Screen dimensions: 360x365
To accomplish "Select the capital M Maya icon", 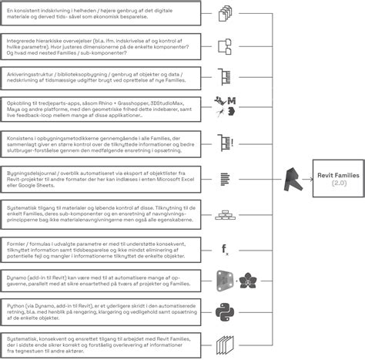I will (232, 103).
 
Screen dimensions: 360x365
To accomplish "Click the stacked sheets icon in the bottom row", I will (226, 342).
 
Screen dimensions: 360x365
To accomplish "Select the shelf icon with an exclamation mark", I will (226, 143).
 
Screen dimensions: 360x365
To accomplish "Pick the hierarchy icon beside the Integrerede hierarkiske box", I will (225, 45).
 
